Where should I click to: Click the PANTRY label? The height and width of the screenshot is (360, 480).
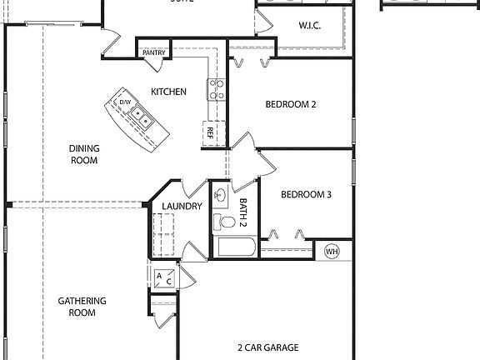click(x=154, y=52)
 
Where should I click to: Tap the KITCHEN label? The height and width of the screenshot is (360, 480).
click(x=168, y=92)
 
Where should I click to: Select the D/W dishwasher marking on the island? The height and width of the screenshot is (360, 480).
click(x=125, y=102)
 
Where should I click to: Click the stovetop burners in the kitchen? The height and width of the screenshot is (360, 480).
click(x=217, y=89)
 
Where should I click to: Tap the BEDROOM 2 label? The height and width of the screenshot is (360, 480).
click(x=290, y=105)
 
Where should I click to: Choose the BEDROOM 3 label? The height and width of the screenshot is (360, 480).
click(x=306, y=195)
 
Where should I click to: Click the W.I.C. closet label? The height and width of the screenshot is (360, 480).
click(x=311, y=26)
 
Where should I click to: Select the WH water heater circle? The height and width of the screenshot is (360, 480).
click(x=332, y=250)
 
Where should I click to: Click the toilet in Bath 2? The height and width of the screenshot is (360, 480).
click(x=224, y=222)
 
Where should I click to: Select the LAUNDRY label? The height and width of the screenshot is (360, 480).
click(x=182, y=206)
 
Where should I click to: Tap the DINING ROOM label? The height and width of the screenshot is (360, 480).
click(x=84, y=154)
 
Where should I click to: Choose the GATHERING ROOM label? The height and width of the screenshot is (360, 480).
click(x=82, y=307)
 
